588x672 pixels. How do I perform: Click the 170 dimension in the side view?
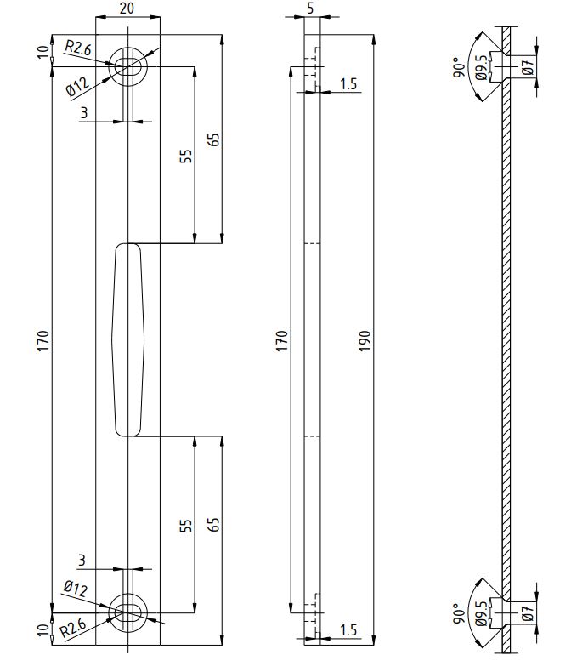pos(283,340)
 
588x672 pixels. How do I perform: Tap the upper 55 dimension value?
pos(187,156)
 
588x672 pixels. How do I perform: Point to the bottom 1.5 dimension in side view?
pos(348,629)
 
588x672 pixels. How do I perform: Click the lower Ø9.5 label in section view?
pos(482,612)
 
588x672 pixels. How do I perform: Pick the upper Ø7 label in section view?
pos(528,66)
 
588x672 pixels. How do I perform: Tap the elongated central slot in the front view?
pos(127,339)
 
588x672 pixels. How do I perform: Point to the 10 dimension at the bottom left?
pos(43,629)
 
